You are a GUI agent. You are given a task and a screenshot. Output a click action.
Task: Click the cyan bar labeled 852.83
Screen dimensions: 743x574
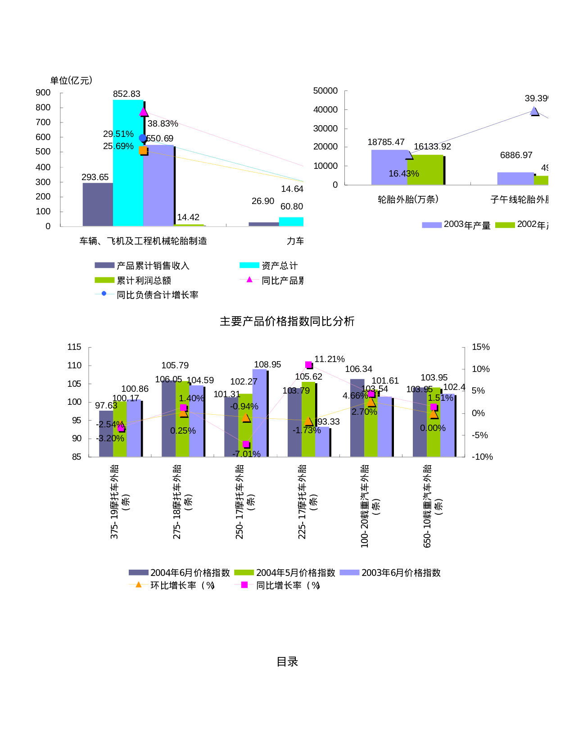coord(128,162)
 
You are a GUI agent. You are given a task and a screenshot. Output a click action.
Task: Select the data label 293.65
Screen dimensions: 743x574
coord(95,177)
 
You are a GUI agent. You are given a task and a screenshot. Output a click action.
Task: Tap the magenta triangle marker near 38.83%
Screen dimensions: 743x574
coord(144,112)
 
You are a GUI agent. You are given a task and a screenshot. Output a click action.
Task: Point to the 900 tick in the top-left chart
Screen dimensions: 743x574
coord(43,93)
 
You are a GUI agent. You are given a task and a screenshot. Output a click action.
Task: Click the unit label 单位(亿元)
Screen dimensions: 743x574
coord(71,81)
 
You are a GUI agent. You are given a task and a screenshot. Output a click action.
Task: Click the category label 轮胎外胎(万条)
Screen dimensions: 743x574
coord(408,199)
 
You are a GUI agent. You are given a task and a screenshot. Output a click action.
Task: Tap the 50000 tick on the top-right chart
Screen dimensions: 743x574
coord(325,91)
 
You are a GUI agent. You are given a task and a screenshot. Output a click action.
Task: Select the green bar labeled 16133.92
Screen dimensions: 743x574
coord(425,170)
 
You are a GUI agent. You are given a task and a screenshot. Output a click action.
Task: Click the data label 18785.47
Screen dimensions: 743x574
coord(386,142)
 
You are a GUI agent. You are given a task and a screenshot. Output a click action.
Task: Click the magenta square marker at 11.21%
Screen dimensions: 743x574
coord(308,365)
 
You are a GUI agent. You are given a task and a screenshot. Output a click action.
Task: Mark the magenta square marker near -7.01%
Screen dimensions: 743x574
coord(246,444)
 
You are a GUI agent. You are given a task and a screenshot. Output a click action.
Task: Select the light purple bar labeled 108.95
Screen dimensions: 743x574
coord(260,412)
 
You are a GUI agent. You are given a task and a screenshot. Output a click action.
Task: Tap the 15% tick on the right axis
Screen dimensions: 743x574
coord(480,347)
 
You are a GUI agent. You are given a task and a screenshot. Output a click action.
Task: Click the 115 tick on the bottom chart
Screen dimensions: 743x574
coord(74,347)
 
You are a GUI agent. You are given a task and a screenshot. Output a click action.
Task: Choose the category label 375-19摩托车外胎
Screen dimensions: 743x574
coord(115,502)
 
